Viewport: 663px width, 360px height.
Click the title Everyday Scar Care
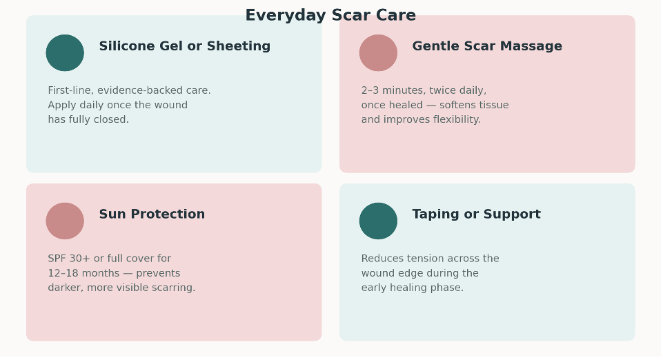coord(330,15)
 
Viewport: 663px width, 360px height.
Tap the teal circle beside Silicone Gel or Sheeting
coord(65,53)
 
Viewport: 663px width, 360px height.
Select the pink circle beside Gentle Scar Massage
coord(379,53)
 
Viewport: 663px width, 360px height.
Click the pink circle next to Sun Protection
coord(65,221)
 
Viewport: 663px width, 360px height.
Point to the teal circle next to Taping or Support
coord(379,221)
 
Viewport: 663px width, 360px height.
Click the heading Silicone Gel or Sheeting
coord(185,46)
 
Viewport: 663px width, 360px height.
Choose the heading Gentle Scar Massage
coord(487,46)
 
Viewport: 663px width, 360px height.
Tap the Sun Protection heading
coord(152,214)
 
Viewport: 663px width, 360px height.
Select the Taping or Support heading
coord(477,214)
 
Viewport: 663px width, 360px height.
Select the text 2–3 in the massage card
coord(370,90)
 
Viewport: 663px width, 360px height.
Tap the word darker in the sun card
coord(61,288)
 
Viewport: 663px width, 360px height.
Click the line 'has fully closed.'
coord(88,119)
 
